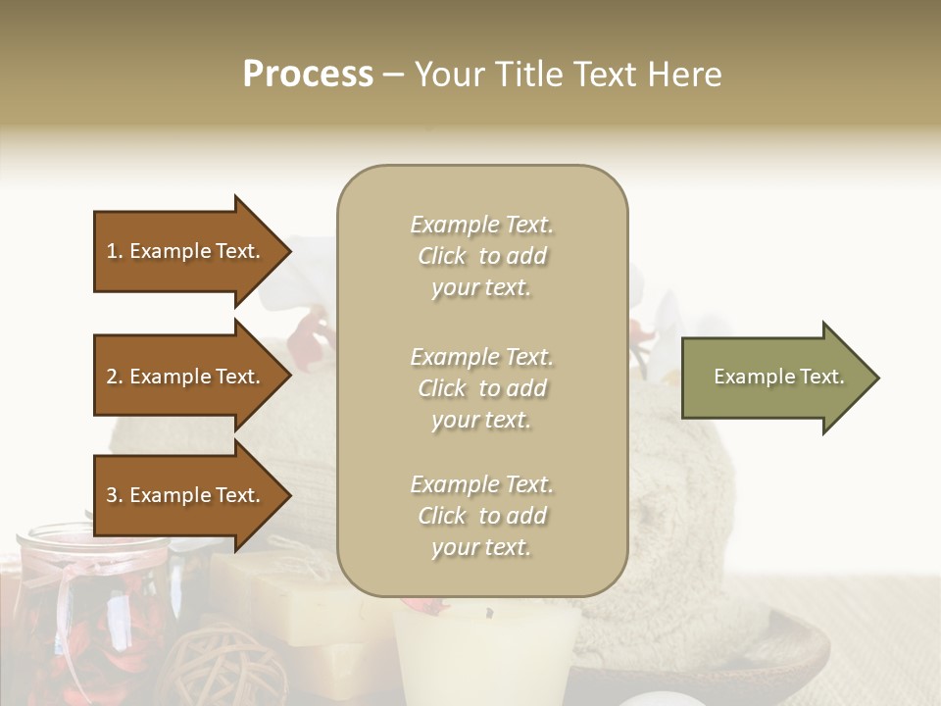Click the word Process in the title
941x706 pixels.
[308, 75]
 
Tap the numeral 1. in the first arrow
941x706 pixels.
[115, 251]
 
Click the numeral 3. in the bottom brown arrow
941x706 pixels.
[115, 495]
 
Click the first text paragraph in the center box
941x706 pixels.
[481, 256]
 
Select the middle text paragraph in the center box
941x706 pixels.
[481, 388]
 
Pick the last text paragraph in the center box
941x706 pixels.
[481, 516]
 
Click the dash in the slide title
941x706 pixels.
[394, 75]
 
